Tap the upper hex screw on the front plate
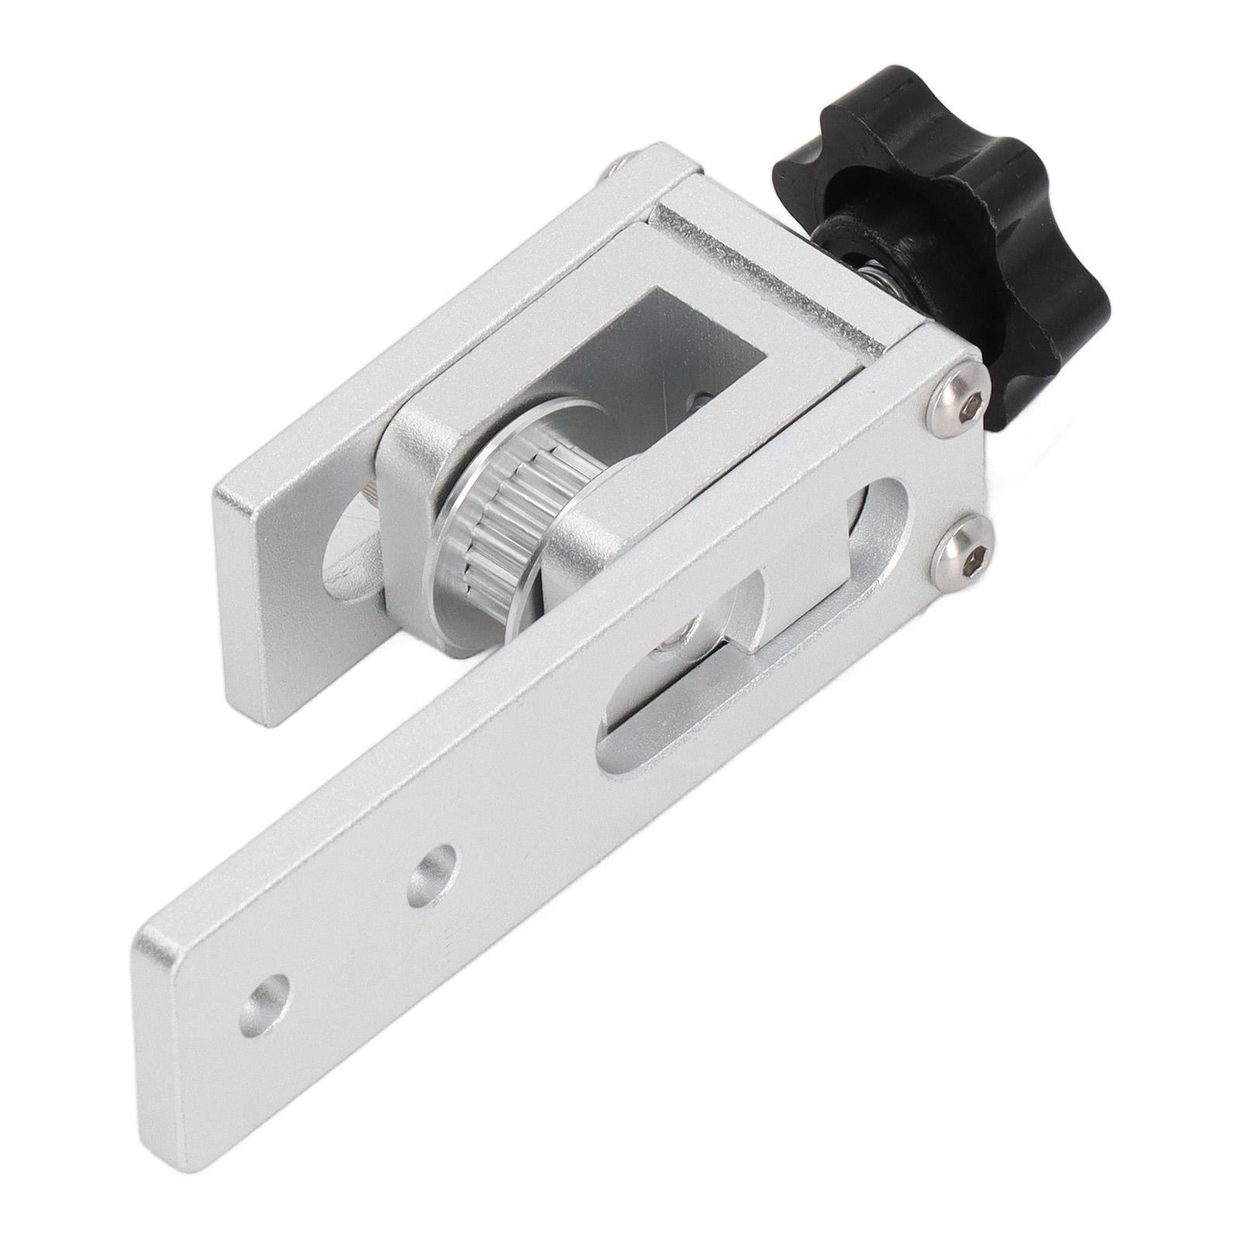point(957,401)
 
